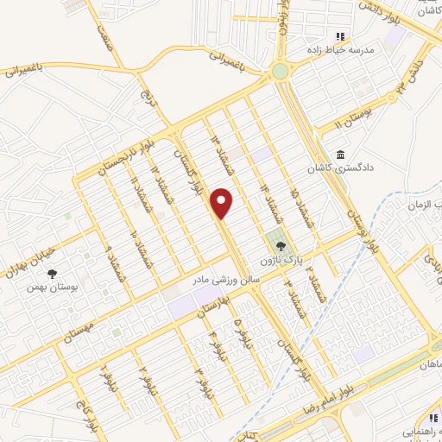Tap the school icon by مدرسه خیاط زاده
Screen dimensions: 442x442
(340, 36)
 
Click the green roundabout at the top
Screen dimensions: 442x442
(280, 72)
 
